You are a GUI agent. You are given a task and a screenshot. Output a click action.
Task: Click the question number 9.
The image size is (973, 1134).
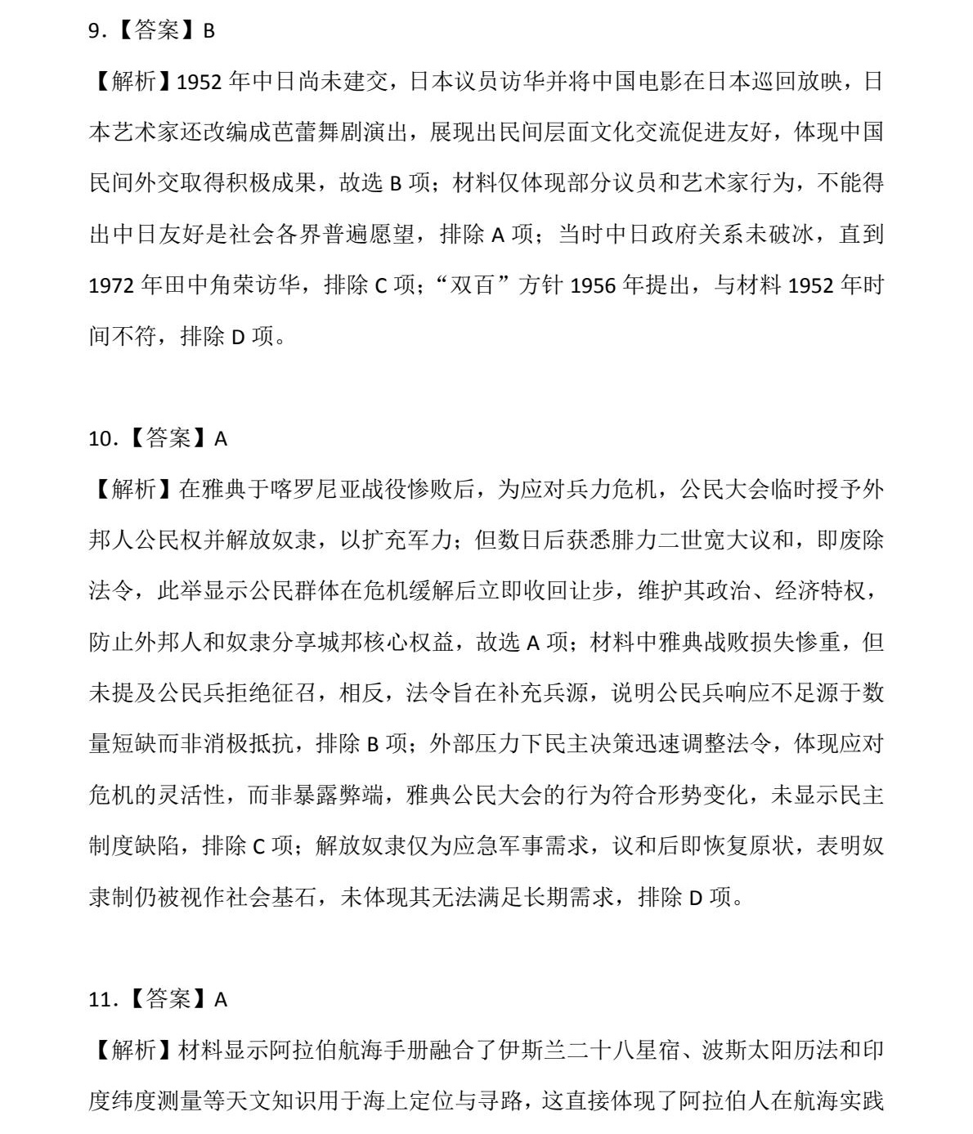point(95,31)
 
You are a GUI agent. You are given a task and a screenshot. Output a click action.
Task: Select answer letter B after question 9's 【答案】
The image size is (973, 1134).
point(208,31)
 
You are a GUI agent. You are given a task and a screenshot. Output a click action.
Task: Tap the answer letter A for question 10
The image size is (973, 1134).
point(221,439)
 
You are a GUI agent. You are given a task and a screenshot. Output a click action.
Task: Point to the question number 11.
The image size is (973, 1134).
point(99,999)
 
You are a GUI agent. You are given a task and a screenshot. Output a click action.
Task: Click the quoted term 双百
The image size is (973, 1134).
point(474,286)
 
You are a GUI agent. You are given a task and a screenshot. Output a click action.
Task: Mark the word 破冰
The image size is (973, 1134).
point(793,235)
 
